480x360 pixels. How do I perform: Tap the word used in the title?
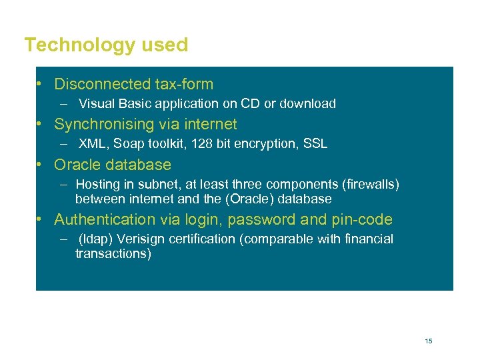(x=167, y=45)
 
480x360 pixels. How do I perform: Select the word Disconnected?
(x=100, y=85)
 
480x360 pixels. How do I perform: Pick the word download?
(x=307, y=104)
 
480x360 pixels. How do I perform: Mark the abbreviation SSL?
(x=314, y=144)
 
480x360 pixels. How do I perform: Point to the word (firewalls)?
(x=369, y=185)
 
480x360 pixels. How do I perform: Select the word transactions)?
(x=113, y=254)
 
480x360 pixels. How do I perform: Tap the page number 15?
(x=428, y=341)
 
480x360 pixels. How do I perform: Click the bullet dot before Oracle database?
(x=41, y=165)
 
